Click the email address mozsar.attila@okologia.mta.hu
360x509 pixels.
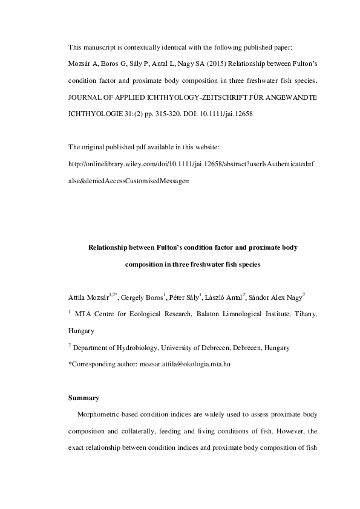184,365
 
